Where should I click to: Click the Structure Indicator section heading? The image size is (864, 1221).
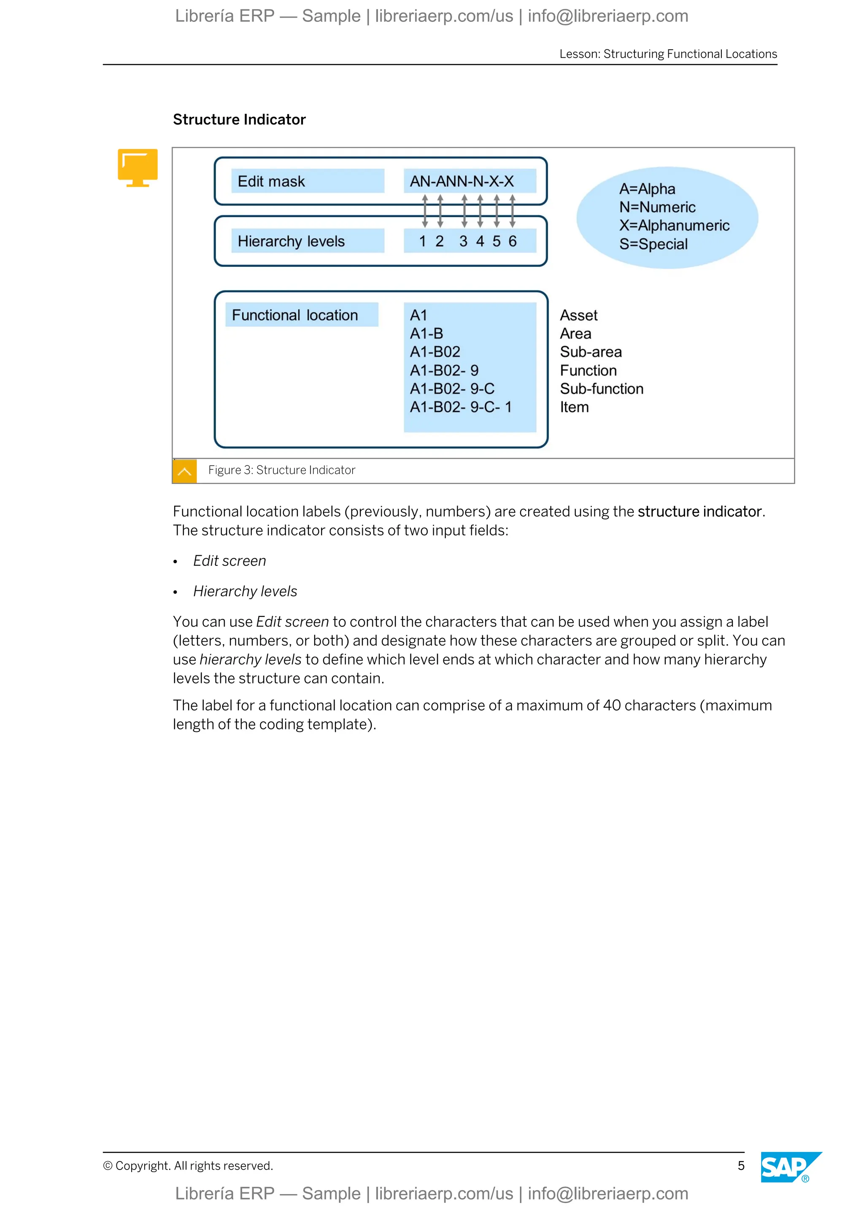[239, 120]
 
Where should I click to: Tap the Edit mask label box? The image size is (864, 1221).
[307, 181]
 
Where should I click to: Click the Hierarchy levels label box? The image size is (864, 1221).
[307, 241]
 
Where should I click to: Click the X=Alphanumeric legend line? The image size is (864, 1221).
[674, 226]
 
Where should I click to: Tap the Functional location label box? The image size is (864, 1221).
[301, 315]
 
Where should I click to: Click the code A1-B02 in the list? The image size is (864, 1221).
[435, 352]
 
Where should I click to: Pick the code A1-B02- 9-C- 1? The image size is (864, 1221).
[460, 407]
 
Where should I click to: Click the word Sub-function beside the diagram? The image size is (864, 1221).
[601, 389]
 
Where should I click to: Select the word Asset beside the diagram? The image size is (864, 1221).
[578, 315]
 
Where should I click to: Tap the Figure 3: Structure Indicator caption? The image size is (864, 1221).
[281, 470]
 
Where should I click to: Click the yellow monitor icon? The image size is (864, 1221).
[138, 167]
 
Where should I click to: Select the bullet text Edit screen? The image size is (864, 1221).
[229, 561]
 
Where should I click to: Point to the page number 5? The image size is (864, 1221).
[740, 1166]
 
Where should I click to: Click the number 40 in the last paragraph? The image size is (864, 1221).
[612, 705]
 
